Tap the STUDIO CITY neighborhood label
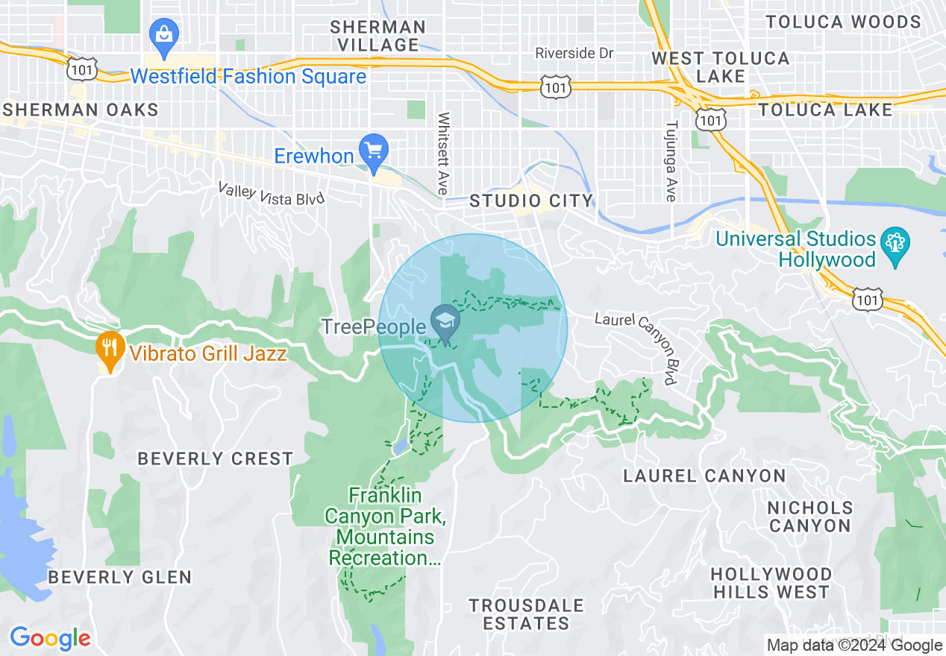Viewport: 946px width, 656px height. (x=530, y=201)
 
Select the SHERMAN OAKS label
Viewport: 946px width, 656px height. (x=81, y=110)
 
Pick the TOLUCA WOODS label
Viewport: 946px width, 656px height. (x=843, y=22)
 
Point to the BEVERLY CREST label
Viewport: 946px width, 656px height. (x=215, y=459)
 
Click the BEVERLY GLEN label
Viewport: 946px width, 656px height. (x=119, y=578)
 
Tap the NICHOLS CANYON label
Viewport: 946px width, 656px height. (x=810, y=517)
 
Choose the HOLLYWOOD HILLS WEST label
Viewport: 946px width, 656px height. (x=771, y=583)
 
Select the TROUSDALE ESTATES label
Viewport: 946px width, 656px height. (x=526, y=614)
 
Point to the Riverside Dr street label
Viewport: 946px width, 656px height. (x=574, y=54)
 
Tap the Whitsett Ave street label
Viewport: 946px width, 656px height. (x=444, y=154)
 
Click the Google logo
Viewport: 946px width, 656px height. (x=50, y=638)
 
